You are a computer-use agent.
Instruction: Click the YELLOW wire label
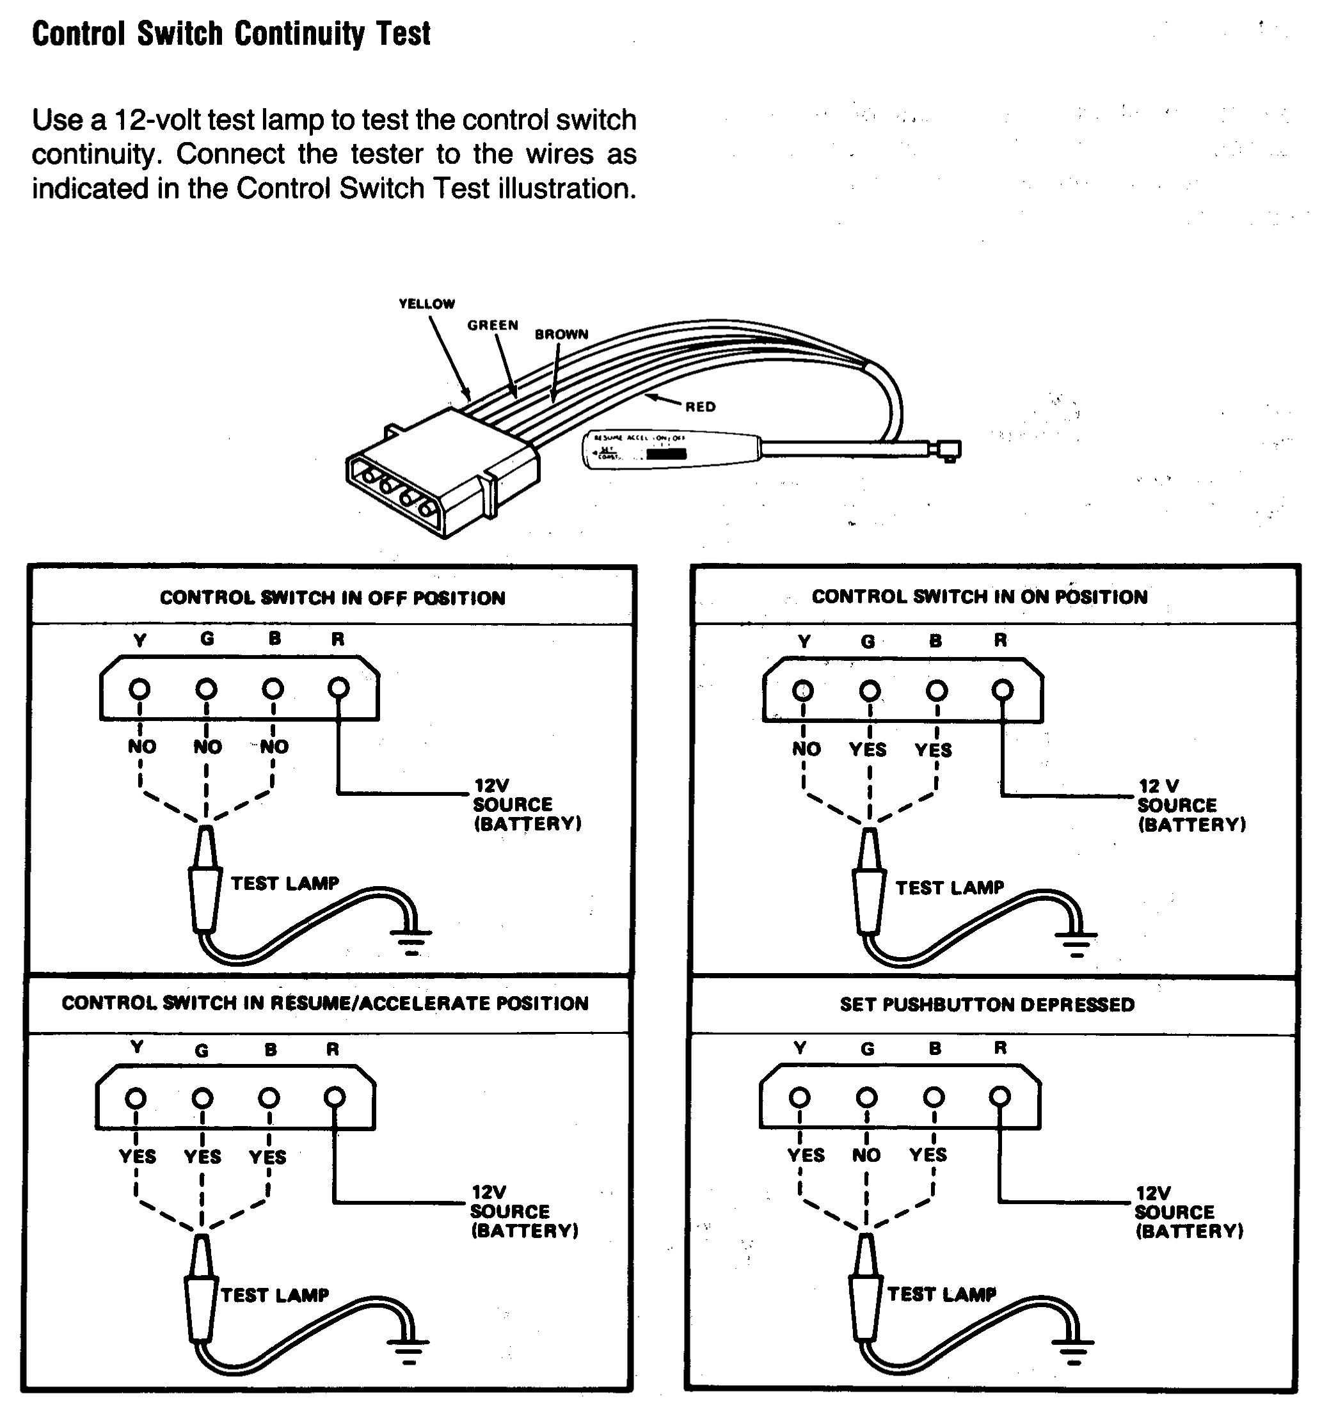click(426, 304)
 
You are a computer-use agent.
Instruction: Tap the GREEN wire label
click(492, 325)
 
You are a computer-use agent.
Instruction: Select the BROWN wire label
click(561, 335)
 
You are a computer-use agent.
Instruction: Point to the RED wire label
click(699, 407)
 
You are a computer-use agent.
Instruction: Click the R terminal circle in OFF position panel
click(339, 688)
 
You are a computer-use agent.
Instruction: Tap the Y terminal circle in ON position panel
click(804, 690)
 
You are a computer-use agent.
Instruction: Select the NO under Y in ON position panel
click(806, 749)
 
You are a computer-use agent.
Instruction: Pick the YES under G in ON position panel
click(867, 749)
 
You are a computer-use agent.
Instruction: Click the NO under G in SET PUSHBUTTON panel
click(866, 1155)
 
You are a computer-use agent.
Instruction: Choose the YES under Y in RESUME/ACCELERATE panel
click(137, 1156)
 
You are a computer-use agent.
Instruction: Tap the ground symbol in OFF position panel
click(411, 940)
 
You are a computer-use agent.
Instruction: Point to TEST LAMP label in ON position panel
click(949, 888)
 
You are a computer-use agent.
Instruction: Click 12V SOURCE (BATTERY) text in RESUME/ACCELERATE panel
click(524, 1211)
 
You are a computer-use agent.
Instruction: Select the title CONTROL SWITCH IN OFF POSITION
click(333, 598)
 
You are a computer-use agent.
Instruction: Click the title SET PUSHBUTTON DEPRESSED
click(987, 1004)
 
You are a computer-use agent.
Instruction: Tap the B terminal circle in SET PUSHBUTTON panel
click(934, 1097)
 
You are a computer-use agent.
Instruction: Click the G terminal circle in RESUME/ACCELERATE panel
click(202, 1098)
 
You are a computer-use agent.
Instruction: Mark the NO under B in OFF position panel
click(274, 747)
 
